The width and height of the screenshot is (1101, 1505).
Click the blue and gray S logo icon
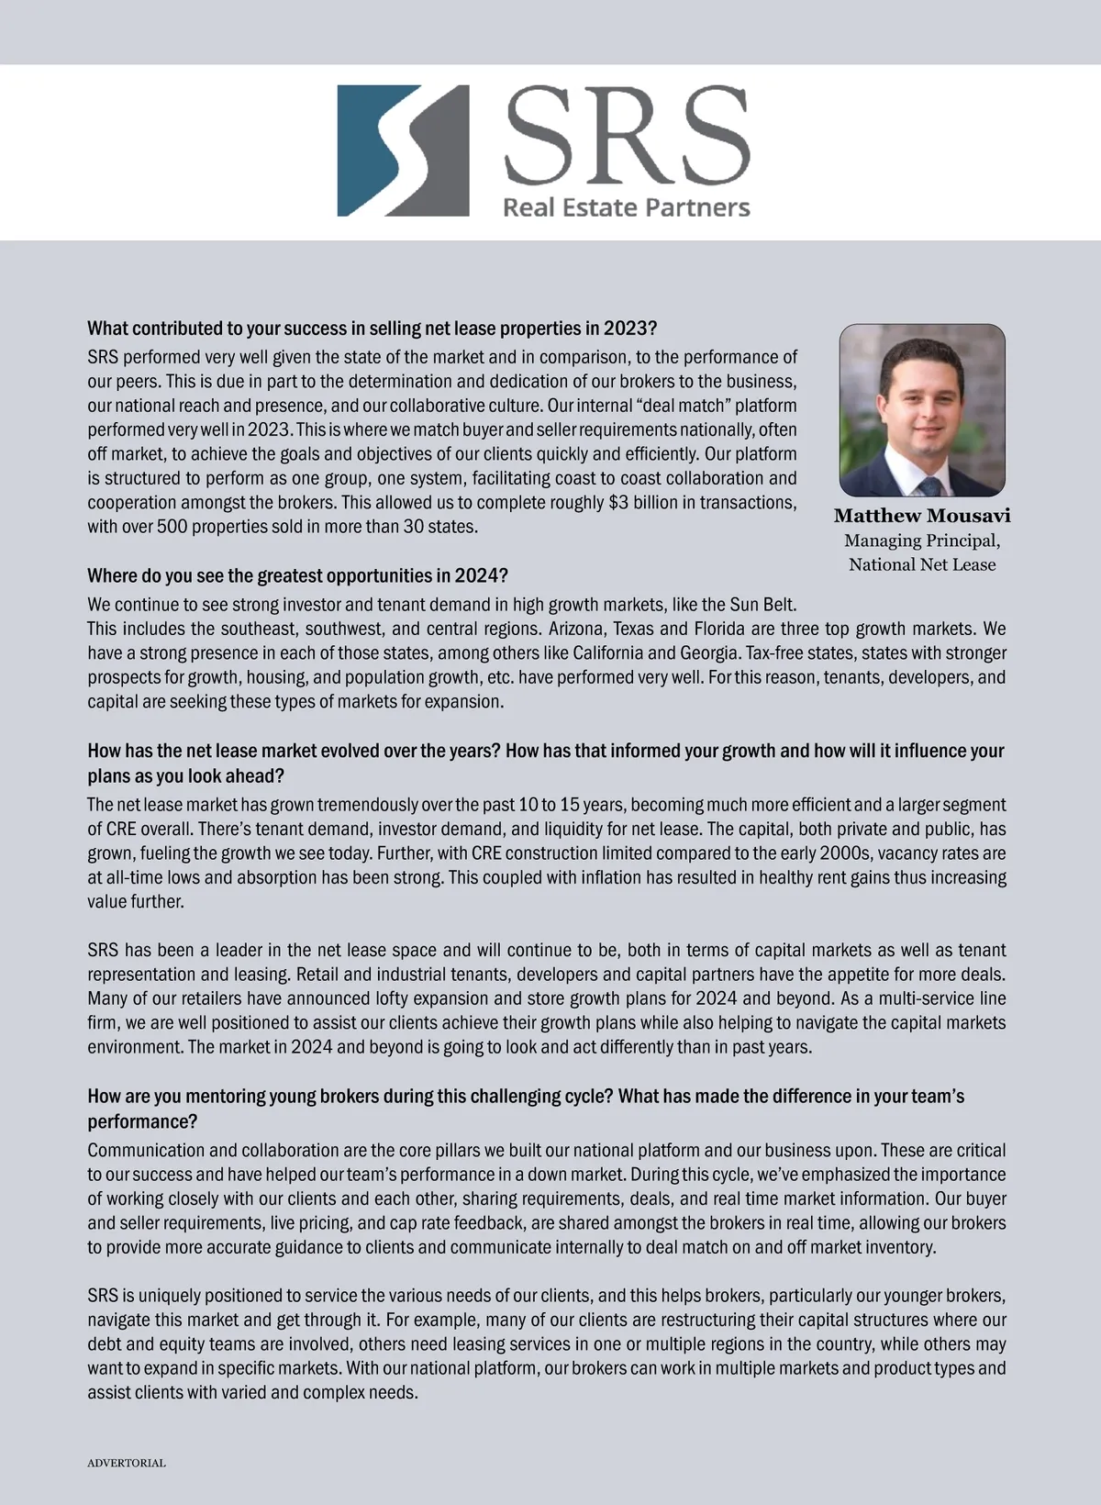(x=403, y=150)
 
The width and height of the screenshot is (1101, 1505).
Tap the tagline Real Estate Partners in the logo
(x=626, y=207)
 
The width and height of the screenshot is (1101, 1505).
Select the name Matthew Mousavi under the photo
(x=922, y=516)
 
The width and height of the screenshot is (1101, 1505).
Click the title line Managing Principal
(x=922, y=541)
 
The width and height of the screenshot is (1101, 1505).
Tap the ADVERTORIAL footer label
(x=127, y=1463)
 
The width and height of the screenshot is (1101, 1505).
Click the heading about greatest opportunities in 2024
(x=297, y=576)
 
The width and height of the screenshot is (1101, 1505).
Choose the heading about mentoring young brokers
(x=526, y=1097)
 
